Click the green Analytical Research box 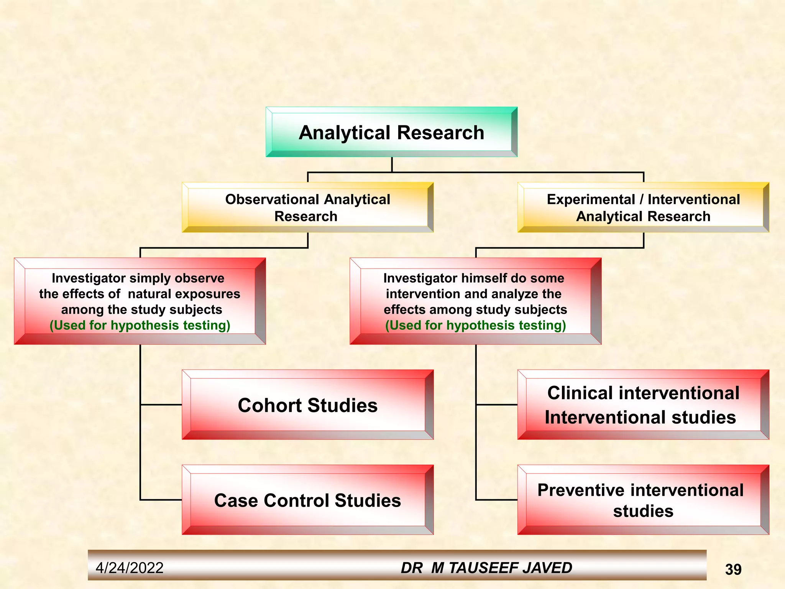tap(391, 132)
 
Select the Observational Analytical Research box tap(307, 207)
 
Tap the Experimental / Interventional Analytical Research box tap(643, 207)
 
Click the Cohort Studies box tap(307, 405)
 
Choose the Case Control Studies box tap(307, 500)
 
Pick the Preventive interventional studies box tap(643, 500)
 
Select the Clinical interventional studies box tap(643, 405)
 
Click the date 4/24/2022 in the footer tap(130, 568)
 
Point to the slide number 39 tap(733, 569)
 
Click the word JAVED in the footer tap(549, 568)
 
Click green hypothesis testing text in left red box tap(140, 325)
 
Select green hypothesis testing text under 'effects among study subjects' tap(475, 325)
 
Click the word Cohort tap(270, 405)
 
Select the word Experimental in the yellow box tap(591, 199)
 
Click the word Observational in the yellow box tap(272, 199)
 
